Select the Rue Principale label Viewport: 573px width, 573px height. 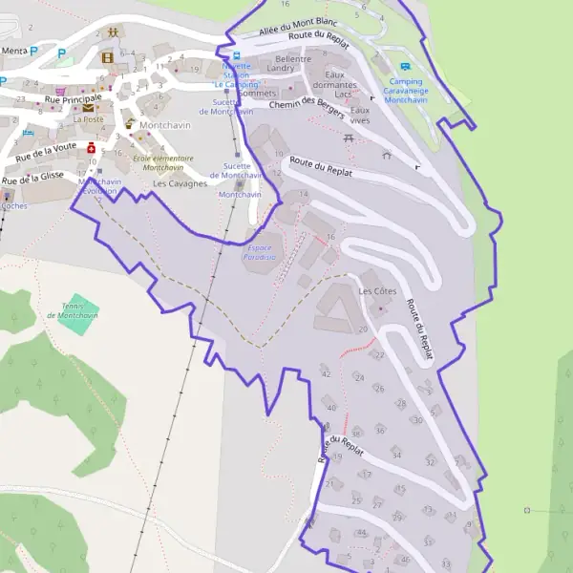pos(73,97)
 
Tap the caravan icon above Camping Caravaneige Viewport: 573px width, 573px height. pos(405,67)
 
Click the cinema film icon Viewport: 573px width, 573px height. pos(107,57)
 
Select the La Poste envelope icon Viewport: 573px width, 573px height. pos(88,108)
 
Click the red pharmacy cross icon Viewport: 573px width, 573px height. pos(91,148)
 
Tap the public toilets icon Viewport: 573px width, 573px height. pos(114,32)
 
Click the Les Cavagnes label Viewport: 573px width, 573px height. pos(180,183)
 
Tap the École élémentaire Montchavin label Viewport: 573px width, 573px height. pos(162,162)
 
